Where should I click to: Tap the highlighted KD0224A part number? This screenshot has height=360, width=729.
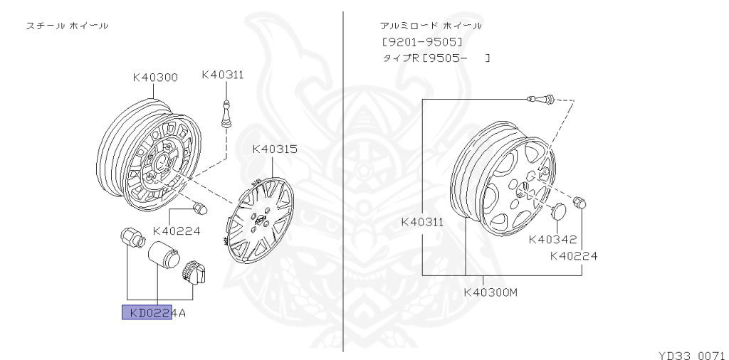click(x=154, y=312)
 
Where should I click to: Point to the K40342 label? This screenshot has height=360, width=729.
click(x=552, y=239)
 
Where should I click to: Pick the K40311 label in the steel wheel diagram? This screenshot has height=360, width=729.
click(x=223, y=74)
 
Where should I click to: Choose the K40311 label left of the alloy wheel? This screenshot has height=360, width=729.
click(x=422, y=221)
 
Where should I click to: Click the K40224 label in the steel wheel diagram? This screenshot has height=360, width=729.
click(x=177, y=231)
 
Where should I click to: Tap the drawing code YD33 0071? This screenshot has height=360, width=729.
click(x=691, y=353)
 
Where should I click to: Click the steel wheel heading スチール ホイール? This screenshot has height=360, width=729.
click(x=68, y=26)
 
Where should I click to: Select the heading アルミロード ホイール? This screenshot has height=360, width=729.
click(x=431, y=26)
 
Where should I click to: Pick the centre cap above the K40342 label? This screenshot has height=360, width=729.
click(x=557, y=212)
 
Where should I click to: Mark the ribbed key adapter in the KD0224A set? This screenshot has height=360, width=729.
click(x=193, y=272)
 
